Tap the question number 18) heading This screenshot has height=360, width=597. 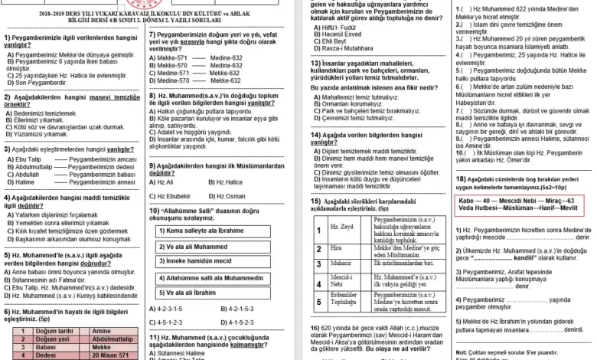(460, 177)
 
